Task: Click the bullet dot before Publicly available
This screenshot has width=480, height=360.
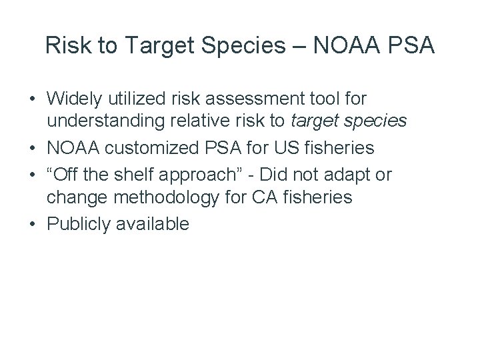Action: [x=33, y=224]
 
